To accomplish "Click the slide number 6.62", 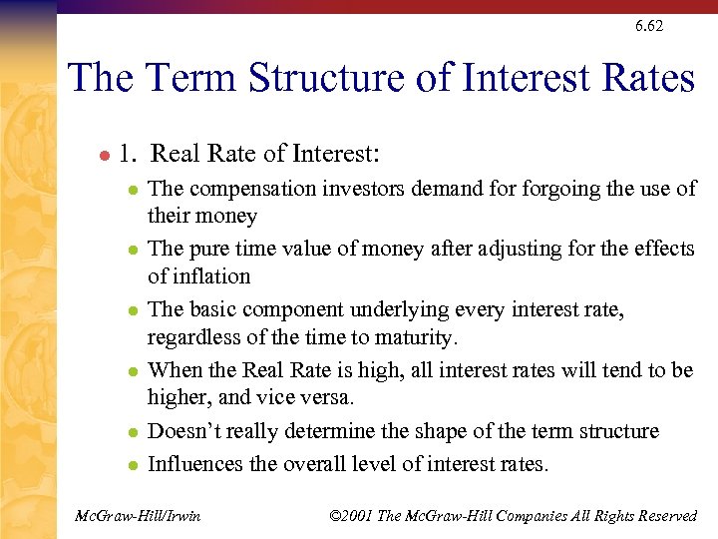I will click(x=648, y=26).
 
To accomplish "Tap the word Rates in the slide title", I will click(x=642, y=77).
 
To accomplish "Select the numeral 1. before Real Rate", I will click(x=127, y=154).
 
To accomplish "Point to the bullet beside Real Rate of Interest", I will click(x=103, y=156).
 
